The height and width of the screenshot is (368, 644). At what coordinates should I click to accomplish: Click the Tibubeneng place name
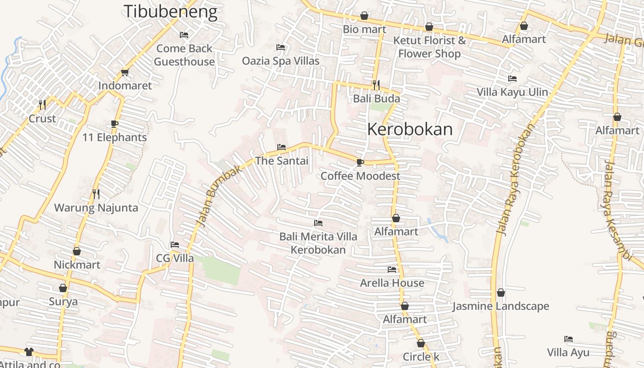pos(170,12)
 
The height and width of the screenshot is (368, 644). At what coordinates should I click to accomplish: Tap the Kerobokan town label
pos(410,130)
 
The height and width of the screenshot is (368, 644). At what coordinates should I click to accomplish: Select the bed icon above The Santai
pos(282,147)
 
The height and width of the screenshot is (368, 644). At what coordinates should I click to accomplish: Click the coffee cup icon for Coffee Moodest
pos(360,162)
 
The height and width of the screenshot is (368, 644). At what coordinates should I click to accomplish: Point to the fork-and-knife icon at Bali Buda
pos(376,85)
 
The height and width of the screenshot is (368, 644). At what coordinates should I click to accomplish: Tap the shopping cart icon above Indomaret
pos(125,73)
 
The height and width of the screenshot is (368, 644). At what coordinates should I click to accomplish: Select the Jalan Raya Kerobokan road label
pos(515,179)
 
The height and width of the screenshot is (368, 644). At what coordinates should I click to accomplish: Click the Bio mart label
pos(364,29)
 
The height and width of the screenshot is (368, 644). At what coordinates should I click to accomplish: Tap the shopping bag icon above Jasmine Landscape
pos(501,293)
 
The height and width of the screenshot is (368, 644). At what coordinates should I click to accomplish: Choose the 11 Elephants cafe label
pos(115,138)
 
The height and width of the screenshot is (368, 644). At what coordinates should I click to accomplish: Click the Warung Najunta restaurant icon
pos(96,194)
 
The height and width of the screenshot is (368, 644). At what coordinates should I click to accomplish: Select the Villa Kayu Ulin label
pos(512,92)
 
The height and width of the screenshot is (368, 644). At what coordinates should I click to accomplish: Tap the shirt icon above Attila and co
pos(29,352)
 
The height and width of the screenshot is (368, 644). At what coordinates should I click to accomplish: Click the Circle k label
pos(421,357)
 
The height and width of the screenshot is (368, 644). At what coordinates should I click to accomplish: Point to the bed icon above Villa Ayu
pos(569,339)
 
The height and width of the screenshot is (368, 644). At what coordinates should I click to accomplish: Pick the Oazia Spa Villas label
pos(281,61)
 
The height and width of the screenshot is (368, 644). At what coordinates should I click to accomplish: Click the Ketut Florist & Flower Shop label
pos(429,47)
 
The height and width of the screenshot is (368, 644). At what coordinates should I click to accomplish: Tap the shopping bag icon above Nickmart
pos(77,251)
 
